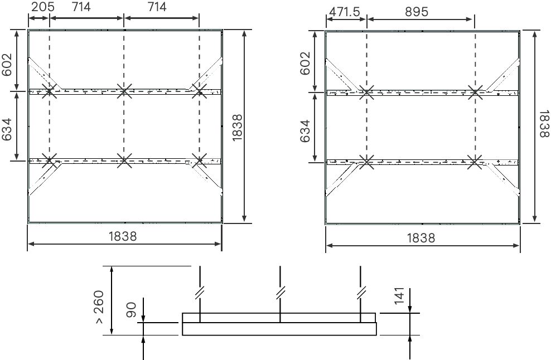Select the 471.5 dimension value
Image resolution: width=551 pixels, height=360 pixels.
coord(344,11)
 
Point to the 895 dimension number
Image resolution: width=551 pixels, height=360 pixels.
coord(417,11)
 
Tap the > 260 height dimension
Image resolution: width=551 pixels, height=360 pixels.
coord(99,307)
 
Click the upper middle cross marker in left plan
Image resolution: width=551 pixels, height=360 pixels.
coord(124,90)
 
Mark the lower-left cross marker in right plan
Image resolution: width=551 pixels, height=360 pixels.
coord(366,162)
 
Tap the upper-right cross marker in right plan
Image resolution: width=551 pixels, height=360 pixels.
coord(475,93)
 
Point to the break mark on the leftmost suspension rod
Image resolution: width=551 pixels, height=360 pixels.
coord(200,291)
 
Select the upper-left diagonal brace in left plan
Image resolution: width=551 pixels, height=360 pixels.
coord(40,73)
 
